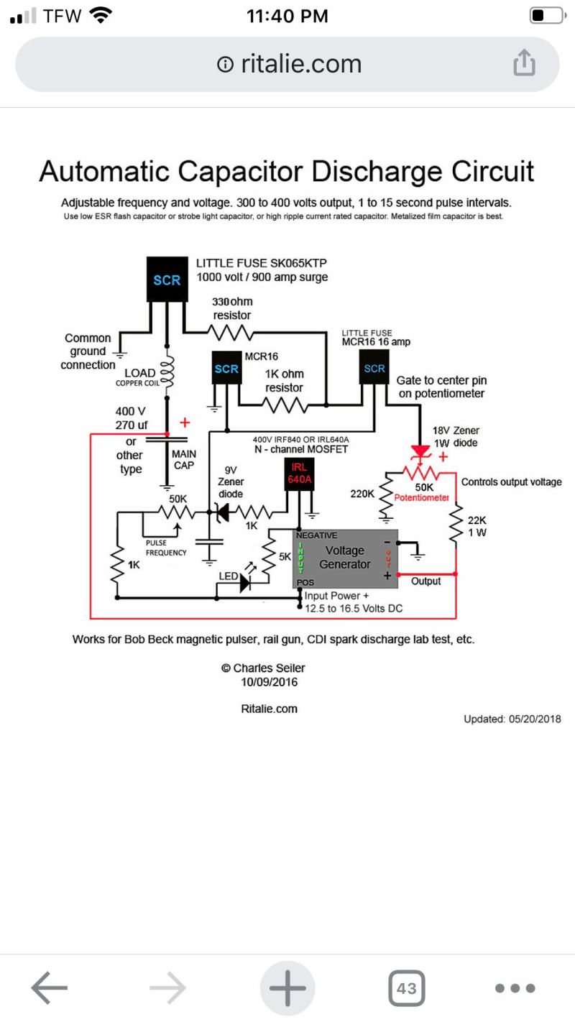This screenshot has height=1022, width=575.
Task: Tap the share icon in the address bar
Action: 524,63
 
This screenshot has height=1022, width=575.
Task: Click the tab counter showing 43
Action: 406,988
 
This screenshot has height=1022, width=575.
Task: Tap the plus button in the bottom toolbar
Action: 287,988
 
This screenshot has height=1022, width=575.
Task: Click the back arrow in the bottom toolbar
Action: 49,988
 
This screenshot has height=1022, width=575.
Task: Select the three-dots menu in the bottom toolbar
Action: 515,988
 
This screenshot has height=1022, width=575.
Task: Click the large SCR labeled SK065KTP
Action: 167,280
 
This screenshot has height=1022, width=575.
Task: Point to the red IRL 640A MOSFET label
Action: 299,473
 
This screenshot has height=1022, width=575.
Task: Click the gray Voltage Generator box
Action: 345,558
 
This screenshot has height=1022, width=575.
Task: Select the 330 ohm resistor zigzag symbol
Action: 231,331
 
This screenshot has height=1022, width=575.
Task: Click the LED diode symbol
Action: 245,582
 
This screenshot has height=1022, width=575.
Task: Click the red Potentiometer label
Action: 422,497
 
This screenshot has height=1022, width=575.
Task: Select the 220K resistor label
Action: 362,494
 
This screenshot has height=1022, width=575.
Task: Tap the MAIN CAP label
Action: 183,459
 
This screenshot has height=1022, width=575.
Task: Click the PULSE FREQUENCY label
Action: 166,548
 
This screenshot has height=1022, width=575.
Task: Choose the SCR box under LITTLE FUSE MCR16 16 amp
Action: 374,368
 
